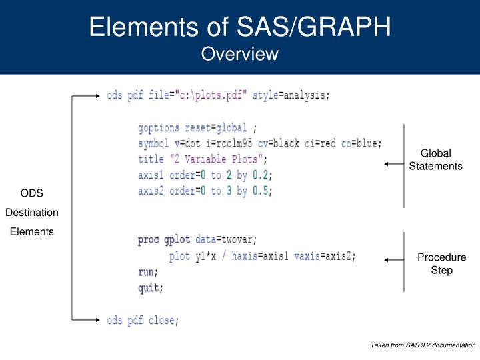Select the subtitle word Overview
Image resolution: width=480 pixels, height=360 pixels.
[240, 53]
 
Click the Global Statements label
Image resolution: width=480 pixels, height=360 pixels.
[435, 159]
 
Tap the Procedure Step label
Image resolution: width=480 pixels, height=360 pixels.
[441, 263]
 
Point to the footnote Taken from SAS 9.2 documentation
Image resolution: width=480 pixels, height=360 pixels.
[423, 345]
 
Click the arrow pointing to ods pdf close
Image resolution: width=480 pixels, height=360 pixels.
[87, 320]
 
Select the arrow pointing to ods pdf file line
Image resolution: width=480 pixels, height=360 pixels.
[87, 96]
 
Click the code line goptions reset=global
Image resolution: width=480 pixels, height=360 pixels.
[197, 127]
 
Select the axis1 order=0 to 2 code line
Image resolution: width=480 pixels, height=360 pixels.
[205, 175]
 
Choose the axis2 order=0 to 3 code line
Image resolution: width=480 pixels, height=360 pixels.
[205, 191]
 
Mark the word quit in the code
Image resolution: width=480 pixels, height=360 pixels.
[149, 289]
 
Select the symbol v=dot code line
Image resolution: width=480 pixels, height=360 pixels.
[264, 143]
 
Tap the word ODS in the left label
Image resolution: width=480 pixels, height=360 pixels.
[31, 194]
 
